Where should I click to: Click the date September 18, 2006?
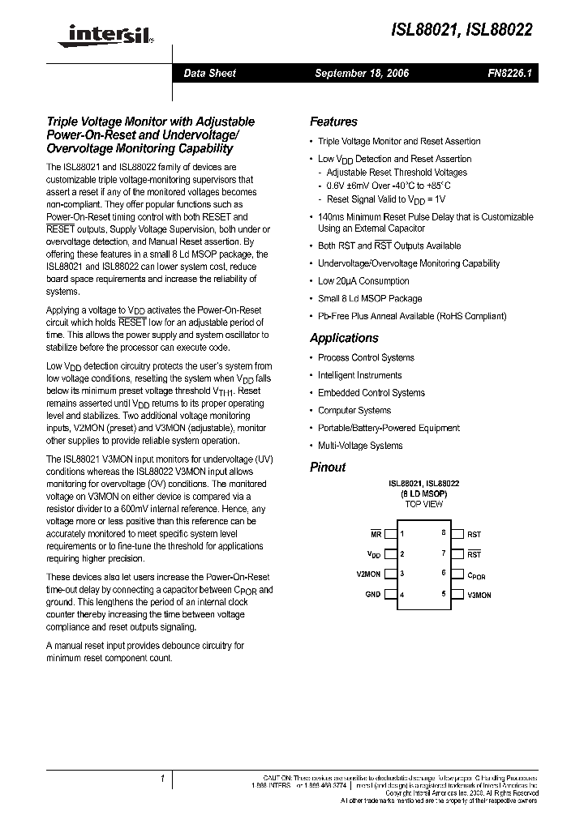pos(362,73)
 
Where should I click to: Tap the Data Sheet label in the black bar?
pos(209,73)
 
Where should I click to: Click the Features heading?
pos(333,122)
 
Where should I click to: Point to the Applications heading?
pos(344,338)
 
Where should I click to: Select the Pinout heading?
pos(328,468)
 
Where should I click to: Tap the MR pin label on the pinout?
pos(376,534)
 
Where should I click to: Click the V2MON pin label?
pos(368,574)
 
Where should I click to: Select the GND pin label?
pos(373,595)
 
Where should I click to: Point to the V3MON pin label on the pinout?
pos(479,595)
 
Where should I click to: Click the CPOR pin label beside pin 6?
pos(476,574)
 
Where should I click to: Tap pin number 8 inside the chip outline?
pos(443,533)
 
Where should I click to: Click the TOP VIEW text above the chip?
pos(423,504)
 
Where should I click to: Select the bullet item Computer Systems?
pos(354,411)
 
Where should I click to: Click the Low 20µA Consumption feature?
pos(363,281)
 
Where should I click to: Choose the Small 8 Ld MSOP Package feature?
pos(370,298)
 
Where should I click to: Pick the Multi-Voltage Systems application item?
pos(360,446)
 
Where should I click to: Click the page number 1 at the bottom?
pos(162,779)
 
